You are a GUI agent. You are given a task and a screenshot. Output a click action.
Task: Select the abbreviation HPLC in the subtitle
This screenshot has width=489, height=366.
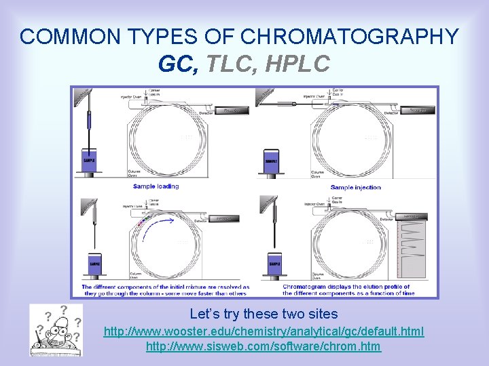(x=298, y=64)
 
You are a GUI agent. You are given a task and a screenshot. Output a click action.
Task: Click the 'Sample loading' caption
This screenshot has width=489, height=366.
(x=156, y=186)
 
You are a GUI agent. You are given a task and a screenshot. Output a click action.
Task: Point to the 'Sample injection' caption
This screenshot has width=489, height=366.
(x=355, y=187)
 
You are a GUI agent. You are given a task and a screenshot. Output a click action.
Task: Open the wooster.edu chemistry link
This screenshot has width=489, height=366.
(x=264, y=331)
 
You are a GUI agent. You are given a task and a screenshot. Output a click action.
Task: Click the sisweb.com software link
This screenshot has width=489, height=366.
(x=264, y=346)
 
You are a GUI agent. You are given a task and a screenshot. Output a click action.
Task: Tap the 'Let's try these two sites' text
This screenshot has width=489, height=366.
(x=264, y=314)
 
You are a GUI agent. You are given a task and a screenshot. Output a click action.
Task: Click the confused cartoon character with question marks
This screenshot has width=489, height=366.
(x=56, y=329)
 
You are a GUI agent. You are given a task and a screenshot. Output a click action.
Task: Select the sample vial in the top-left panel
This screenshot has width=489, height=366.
(x=89, y=161)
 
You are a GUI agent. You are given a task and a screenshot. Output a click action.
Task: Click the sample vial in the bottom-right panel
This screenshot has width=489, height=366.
(x=274, y=264)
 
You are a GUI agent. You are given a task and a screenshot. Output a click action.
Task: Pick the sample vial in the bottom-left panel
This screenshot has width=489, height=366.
(x=94, y=264)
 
